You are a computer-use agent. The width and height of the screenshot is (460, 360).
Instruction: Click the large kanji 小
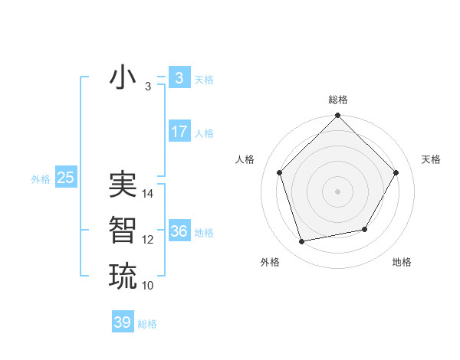point(123,78)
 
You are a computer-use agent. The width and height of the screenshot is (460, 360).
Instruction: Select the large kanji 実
point(123,185)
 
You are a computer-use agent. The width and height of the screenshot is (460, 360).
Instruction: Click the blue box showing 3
point(179,78)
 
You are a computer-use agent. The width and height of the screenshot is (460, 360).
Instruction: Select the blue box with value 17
point(179,132)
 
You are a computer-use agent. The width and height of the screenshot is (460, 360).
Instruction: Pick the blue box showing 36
point(179,231)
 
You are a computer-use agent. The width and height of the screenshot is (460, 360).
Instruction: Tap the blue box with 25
point(65,178)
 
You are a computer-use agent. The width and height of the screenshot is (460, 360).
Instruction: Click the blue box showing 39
point(122,322)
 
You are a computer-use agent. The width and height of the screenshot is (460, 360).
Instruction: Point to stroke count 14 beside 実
point(148,194)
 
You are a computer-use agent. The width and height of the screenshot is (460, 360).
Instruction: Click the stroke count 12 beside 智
point(148,240)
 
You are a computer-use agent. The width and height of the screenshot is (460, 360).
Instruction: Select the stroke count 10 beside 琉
point(148,286)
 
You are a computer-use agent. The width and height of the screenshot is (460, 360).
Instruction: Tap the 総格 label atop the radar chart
point(338,100)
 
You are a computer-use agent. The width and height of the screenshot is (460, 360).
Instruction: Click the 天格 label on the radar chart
point(432,159)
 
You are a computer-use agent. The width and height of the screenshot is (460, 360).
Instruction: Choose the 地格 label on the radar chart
point(402,262)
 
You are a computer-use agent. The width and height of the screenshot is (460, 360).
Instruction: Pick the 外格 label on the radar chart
point(270,262)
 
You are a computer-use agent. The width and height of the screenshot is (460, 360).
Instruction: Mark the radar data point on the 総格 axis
point(338,116)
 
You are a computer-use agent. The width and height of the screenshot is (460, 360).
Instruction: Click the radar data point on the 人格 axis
point(280,172)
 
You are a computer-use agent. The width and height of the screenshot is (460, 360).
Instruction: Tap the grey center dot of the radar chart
point(338,191)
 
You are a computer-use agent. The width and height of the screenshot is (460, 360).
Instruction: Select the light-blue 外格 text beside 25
point(41,179)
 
